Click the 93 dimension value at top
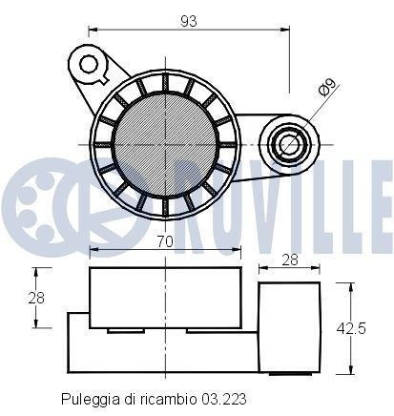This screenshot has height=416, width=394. pyautogui.click(x=192, y=20)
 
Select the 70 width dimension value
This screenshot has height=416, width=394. pyautogui.click(x=164, y=242)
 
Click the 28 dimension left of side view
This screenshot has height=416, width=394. pyautogui.click(x=35, y=298)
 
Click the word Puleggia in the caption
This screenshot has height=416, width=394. pyautogui.click(x=88, y=397)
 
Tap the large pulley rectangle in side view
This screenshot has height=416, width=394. pyautogui.click(x=164, y=299)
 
